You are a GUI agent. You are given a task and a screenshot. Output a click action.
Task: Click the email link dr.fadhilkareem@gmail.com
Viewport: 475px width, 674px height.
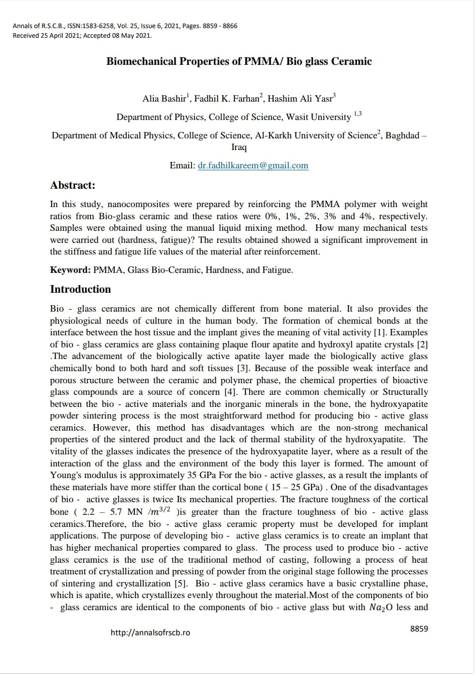pyautogui.click(x=253, y=165)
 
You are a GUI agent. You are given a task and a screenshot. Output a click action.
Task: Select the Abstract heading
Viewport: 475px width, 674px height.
pyautogui.click(x=73, y=185)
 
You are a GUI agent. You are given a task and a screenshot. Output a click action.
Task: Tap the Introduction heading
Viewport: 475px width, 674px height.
pyautogui.click(x=80, y=289)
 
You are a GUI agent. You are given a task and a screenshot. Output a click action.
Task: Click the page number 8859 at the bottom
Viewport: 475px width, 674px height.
pyautogui.click(x=419, y=629)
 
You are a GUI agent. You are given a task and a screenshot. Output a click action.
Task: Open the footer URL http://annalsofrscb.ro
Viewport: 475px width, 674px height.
pyautogui.click(x=150, y=633)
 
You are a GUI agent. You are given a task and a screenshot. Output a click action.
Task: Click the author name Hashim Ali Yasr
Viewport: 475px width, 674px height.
pyautogui.click(x=300, y=99)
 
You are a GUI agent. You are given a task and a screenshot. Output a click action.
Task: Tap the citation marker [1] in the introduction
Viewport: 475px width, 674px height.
pyautogui.click(x=380, y=332)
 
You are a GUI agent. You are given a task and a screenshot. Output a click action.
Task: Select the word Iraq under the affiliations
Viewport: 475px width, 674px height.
pyautogui.click(x=239, y=147)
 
